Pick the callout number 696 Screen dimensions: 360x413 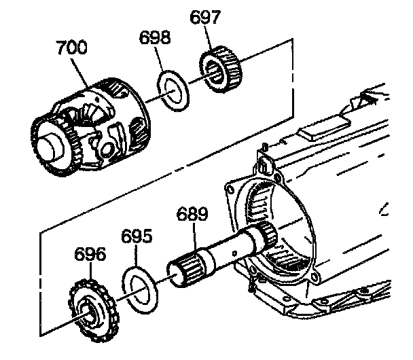point(90,255)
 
